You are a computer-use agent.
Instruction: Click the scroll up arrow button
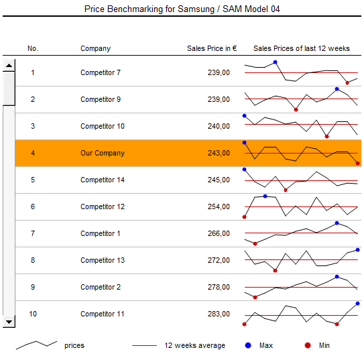coord(9,65)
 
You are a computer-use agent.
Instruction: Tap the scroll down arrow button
coord(9,322)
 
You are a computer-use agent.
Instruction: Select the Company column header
coord(95,48)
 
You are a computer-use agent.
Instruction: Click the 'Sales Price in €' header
coord(212,48)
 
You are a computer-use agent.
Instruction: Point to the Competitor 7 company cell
coord(101,72)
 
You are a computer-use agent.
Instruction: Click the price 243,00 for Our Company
coord(219,153)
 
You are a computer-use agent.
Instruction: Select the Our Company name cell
coord(103,153)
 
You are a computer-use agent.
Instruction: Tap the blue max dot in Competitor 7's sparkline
coord(275,62)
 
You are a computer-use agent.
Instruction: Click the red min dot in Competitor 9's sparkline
coord(296,109)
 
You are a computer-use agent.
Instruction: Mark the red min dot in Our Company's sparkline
coord(357,164)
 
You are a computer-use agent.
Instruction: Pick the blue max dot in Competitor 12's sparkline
coord(265,196)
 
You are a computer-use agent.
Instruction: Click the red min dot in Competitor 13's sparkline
coord(275,271)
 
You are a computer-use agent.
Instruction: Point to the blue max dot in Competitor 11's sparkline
coord(357,304)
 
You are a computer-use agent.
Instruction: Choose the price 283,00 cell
coord(219,314)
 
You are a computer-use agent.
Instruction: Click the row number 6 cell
coord(33,206)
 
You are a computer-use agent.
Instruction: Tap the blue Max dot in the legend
coord(248,345)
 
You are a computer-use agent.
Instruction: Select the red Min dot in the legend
coord(308,345)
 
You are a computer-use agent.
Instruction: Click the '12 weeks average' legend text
coord(195,345)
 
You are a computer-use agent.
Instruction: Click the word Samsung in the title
coord(196,9)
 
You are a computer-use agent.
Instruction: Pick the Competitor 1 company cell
coord(101,233)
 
